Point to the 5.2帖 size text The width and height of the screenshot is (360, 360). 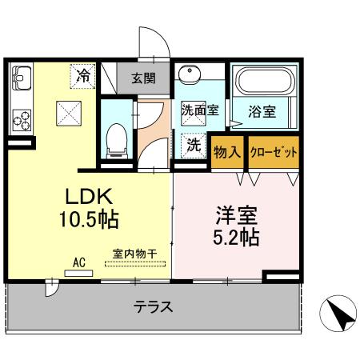pyautogui.click(x=236, y=238)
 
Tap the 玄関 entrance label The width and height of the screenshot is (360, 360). pyautogui.click(x=144, y=78)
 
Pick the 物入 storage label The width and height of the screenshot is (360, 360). pyautogui.click(x=229, y=150)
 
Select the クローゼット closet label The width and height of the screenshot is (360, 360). pyautogui.click(x=274, y=150)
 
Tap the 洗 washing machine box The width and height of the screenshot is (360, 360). pyautogui.click(x=193, y=145)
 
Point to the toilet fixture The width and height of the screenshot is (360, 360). pyautogui.click(x=117, y=138)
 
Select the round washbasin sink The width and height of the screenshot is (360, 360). pyautogui.click(x=191, y=78)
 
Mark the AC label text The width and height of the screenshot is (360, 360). pyautogui.click(x=79, y=261)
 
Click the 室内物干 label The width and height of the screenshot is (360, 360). pyautogui.click(x=134, y=255)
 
